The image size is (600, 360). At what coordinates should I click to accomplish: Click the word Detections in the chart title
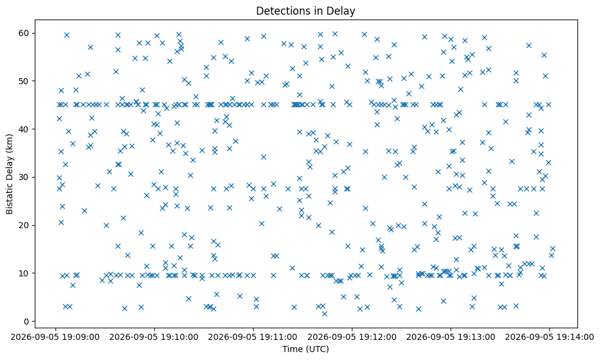pyautogui.click(x=280, y=11)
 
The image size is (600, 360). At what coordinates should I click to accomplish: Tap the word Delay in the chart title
pyautogui.click(x=343, y=11)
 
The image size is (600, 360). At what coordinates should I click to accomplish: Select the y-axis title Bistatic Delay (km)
pyautogui.click(x=10, y=175)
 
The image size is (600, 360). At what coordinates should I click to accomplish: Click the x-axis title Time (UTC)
pyautogui.click(x=305, y=349)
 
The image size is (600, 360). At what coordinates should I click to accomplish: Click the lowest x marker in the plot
pyautogui.click(x=324, y=314)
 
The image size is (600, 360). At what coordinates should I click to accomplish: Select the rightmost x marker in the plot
pyautogui.click(x=552, y=249)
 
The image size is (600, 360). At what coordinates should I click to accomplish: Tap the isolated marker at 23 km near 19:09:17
pyautogui.click(x=84, y=211)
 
